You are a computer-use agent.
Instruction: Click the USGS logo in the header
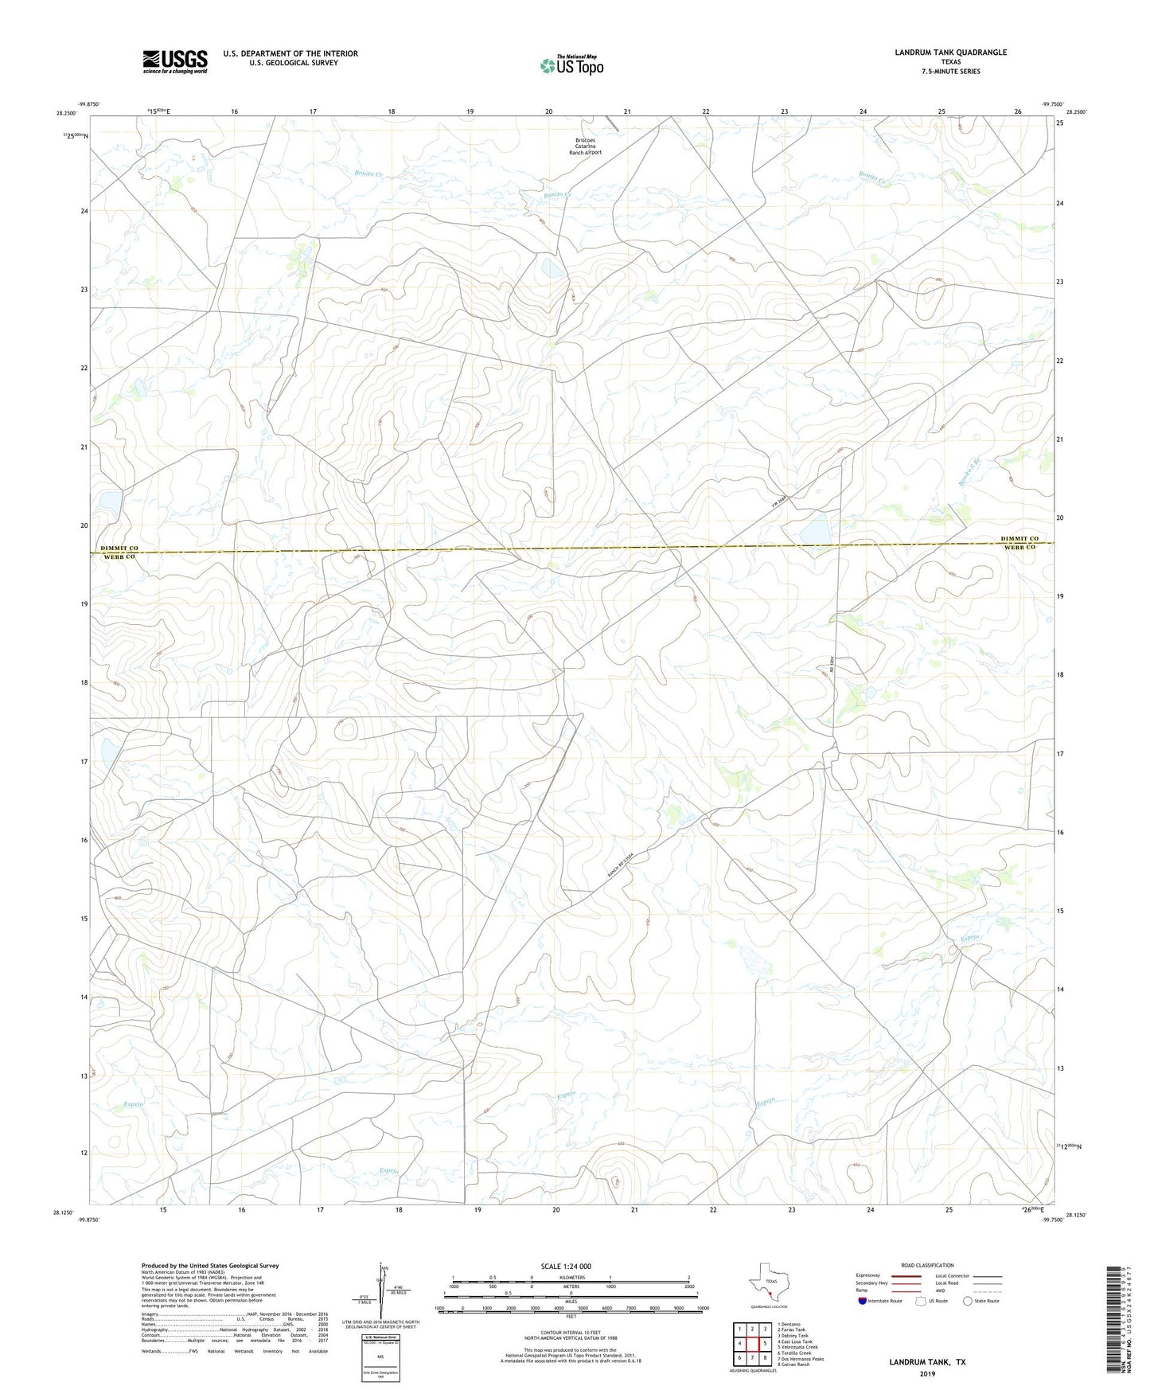(x=175, y=61)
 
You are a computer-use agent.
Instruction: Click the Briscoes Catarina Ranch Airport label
(x=585, y=146)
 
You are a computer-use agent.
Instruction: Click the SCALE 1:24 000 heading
(x=566, y=1266)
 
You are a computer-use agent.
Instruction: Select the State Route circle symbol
(x=968, y=1301)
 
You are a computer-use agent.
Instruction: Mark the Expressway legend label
(x=867, y=1275)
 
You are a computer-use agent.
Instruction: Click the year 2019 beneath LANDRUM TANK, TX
(x=927, y=1373)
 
